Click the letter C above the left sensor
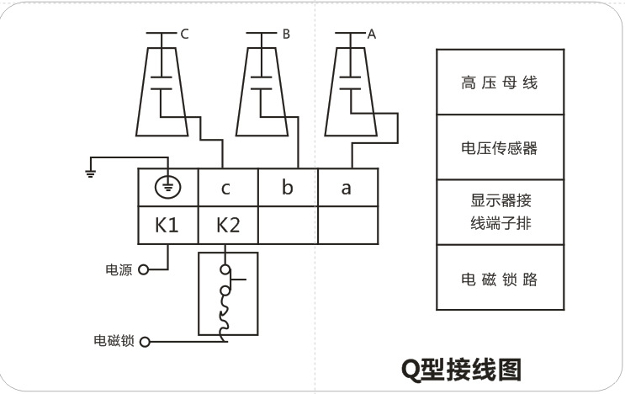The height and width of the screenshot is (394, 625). click(185, 35)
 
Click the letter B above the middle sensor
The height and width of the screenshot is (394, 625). click(286, 35)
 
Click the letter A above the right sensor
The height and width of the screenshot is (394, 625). click(372, 35)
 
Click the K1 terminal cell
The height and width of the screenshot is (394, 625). click(167, 226)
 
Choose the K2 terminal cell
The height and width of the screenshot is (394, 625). click(227, 226)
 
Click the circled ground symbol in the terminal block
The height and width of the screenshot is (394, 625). click(167, 188)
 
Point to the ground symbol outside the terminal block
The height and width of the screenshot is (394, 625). click(90, 172)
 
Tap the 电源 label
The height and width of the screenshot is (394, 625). click(118, 270)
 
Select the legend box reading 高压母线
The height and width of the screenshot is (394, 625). click(499, 83)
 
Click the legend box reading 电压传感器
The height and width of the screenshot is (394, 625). click(499, 148)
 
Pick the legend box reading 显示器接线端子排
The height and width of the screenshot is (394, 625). click(499, 212)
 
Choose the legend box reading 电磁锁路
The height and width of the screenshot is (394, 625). click(499, 278)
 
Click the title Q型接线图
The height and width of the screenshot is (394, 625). click(460, 369)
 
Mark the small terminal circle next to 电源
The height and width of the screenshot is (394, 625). click(143, 270)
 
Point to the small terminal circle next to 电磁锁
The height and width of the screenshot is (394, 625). click(144, 342)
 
